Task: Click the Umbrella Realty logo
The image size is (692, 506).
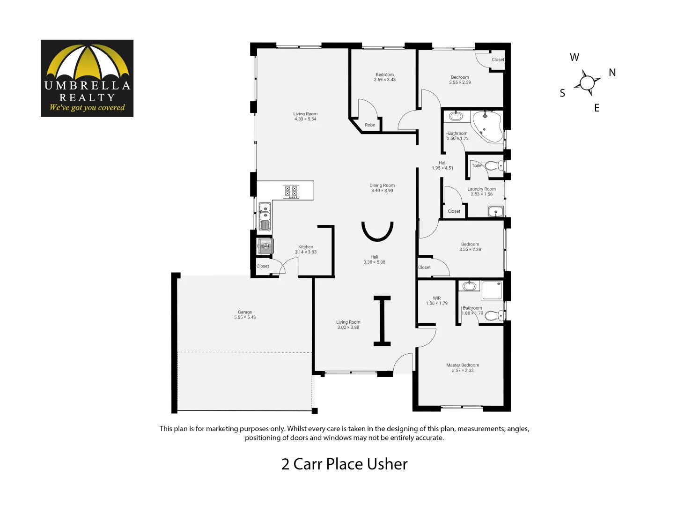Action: [x=87, y=78]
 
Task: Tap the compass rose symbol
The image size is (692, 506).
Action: [x=586, y=83]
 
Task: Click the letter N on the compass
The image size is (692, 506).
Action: [x=612, y=73]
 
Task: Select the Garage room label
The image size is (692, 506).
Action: [x=245, y=312]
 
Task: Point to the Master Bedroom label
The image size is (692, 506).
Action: [x=463, y=365]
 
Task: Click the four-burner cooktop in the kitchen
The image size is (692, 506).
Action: [x=291, y=192]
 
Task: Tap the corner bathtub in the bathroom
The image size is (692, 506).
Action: [x=487, y=126]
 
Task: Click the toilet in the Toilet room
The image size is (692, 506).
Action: [x=493, y=165]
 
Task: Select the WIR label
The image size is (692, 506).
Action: [x=437, y=298]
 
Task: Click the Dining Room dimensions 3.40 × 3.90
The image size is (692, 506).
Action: [x=382, y=191]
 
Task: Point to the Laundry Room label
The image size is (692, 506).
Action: [x=481, y=189]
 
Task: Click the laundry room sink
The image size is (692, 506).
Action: [x=495, y=212]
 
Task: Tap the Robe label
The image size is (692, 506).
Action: [x=370, y=125]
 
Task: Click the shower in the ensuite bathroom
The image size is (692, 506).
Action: [x=492, y=290]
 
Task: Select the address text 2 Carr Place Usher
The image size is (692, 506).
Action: [x=344, y=464]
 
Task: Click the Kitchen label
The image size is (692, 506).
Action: [x=306, y=247]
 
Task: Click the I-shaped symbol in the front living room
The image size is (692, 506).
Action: [x=382, y=321]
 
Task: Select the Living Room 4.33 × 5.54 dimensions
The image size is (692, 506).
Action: [x=305, y=119]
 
